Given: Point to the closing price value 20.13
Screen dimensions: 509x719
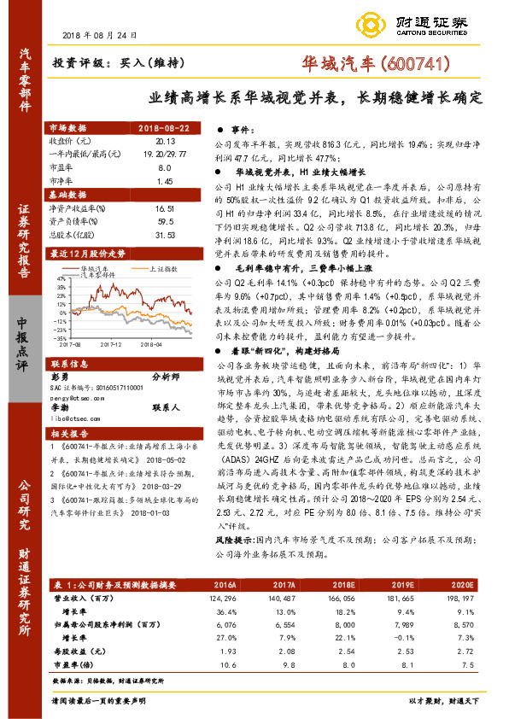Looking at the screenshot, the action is pos(165,140).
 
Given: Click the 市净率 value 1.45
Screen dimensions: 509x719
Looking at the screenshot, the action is pos(165,181).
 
